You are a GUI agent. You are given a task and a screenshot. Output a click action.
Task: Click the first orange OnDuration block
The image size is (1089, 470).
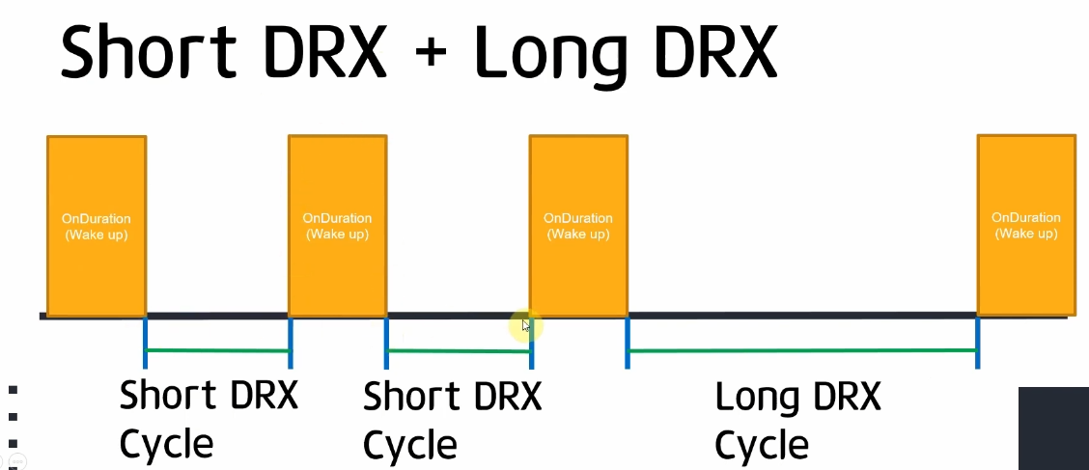click(x=97, y=227)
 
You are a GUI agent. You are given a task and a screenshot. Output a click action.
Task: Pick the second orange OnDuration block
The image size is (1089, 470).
click(x=338, y=227)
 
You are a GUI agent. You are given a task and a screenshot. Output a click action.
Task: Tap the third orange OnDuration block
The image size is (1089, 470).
click(x=578, y=227)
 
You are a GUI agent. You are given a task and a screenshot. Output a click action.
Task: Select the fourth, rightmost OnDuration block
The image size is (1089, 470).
click(x=1026, y=226)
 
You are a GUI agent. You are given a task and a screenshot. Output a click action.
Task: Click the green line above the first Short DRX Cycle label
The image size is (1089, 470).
click(x=217, y=349)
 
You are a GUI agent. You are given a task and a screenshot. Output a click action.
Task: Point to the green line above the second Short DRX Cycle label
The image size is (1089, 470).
click(x=459, y=350)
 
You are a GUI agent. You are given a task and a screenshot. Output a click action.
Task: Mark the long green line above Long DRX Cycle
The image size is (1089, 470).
click(x=802, y=350)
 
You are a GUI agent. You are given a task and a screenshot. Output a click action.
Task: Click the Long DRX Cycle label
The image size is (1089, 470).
click(x=797, y=421)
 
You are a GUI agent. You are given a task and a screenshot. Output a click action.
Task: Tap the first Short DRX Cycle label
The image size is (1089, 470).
click(x=209, y=420)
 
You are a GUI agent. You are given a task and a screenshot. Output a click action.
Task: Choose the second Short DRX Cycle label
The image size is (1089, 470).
click(x=452, y=421)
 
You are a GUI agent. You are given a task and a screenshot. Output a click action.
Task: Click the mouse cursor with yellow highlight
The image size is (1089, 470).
click(x=524, y=326)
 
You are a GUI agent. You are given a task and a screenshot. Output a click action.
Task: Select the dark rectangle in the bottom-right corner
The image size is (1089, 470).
click(x=1053, y=428)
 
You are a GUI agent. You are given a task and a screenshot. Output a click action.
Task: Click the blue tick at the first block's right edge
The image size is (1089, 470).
click(x=145, y=343)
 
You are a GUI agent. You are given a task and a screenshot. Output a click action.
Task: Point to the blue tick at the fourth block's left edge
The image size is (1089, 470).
click(x=977, y=343)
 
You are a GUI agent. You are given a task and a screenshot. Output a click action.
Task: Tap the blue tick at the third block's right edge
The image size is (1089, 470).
click(x=628, y=343)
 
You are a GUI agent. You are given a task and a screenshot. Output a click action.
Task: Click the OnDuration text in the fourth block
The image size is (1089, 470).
click(x=1026, y=218)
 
